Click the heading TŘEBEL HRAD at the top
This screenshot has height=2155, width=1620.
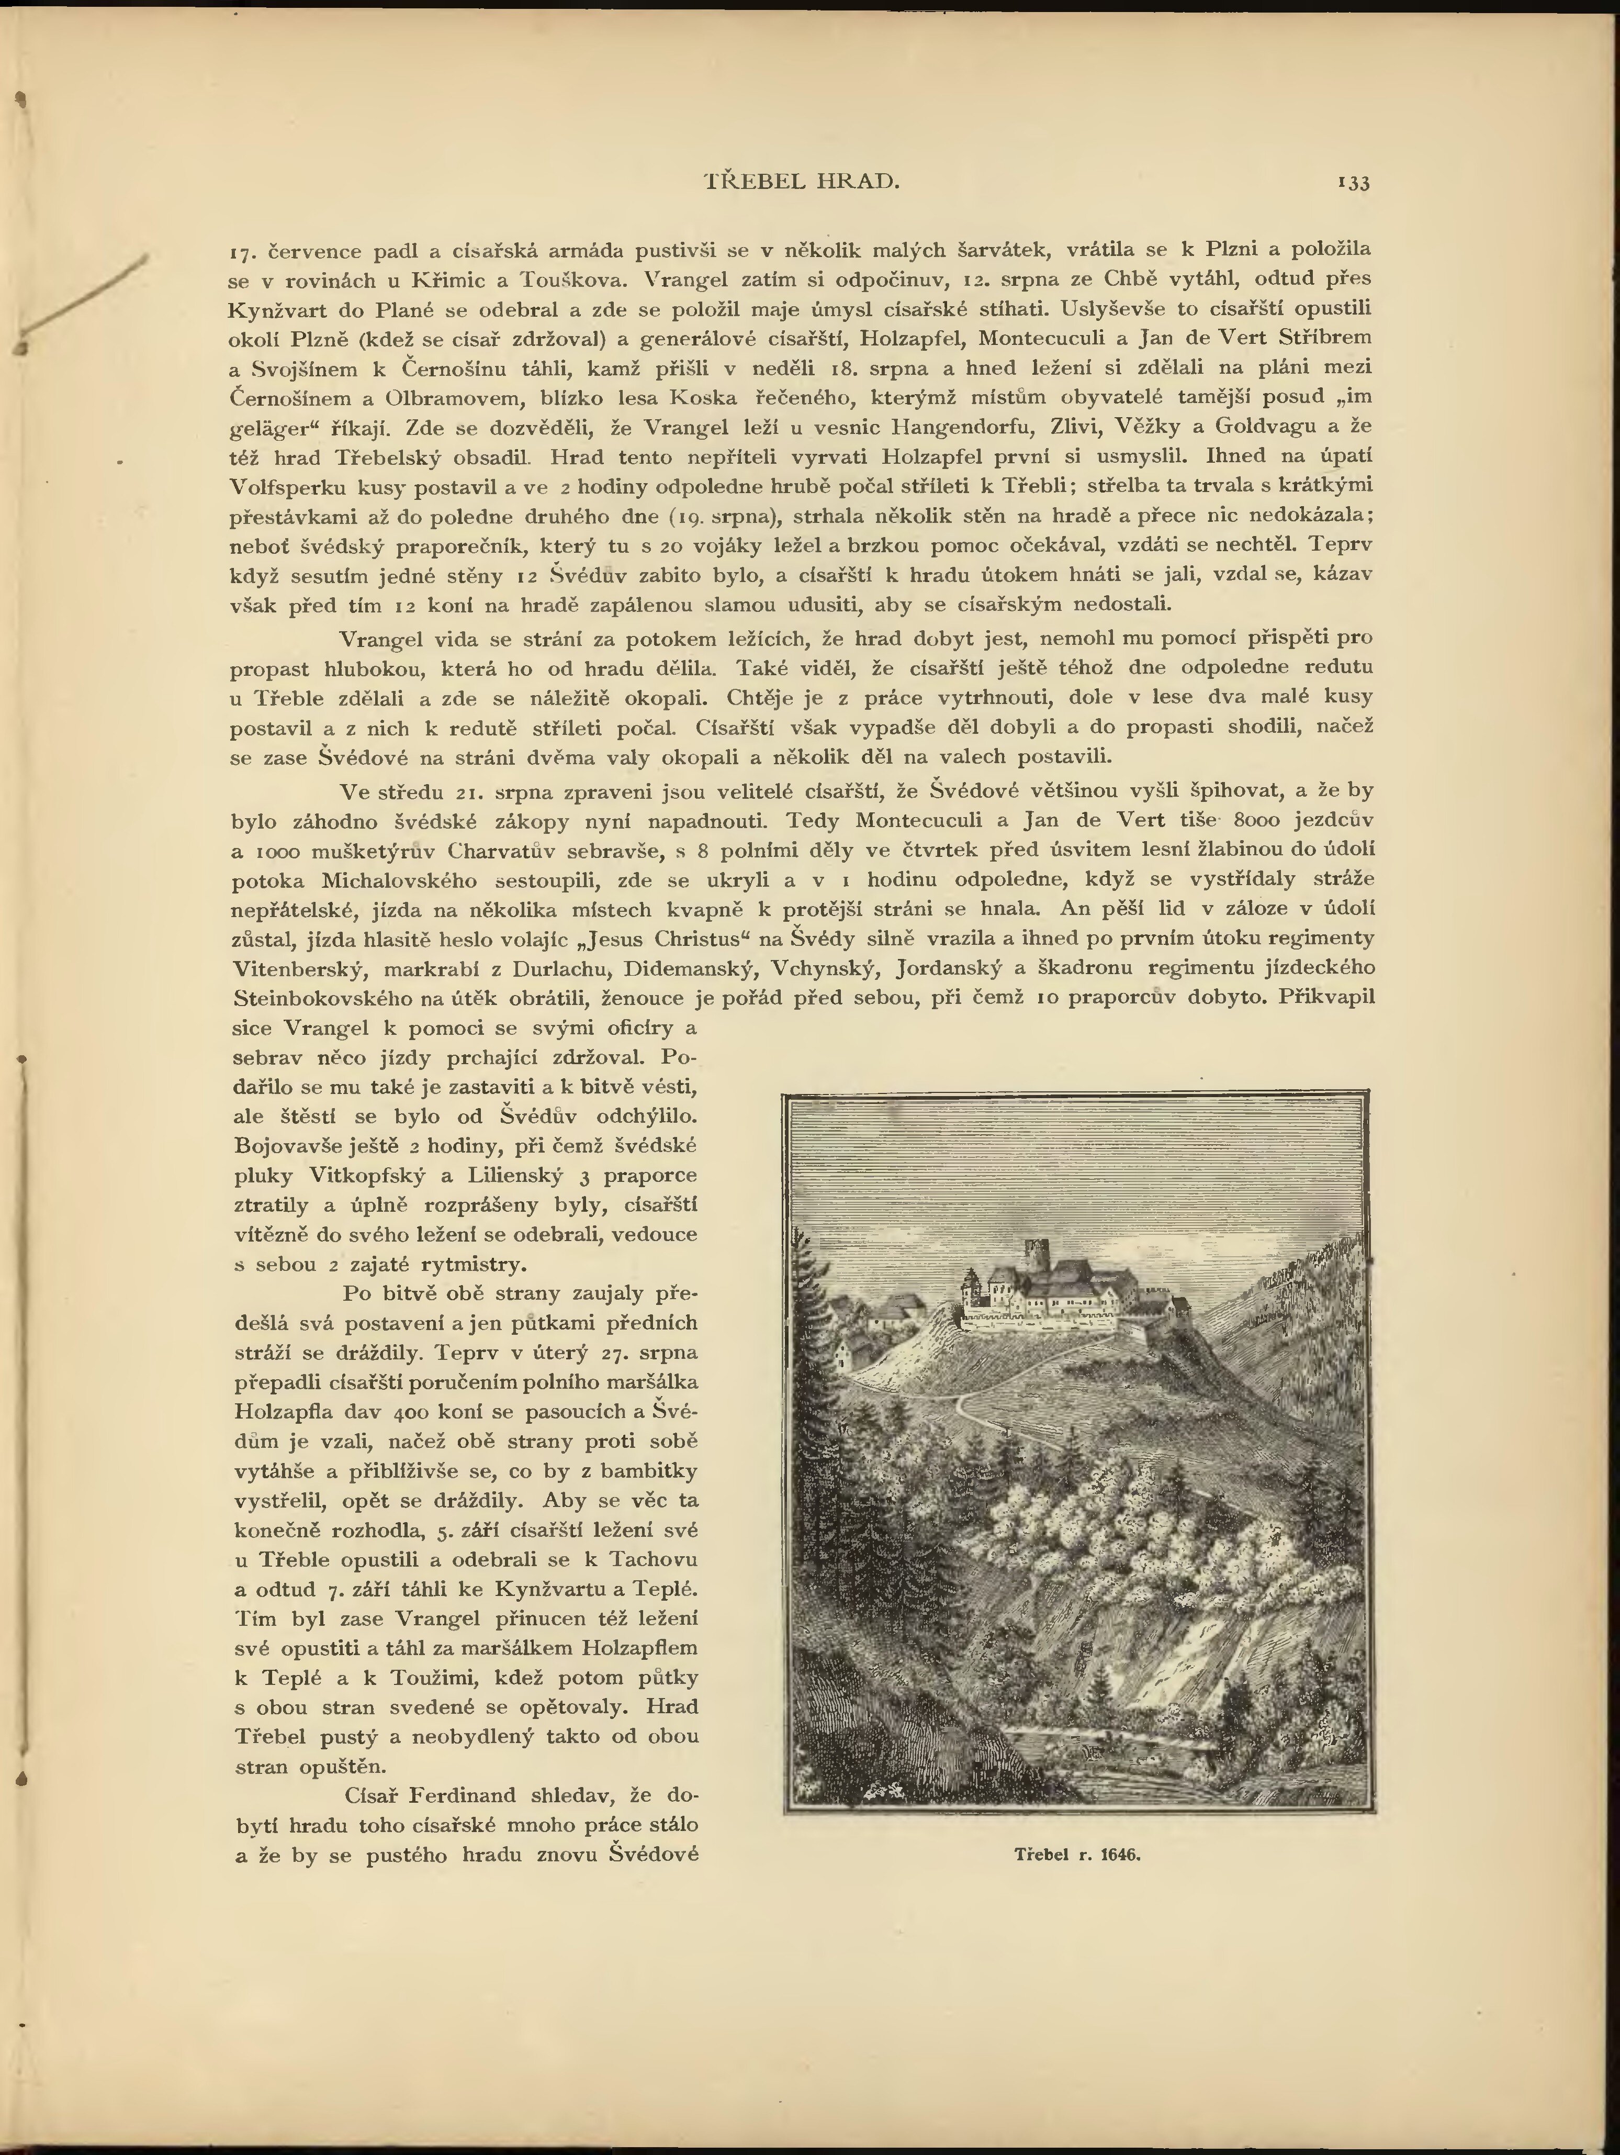click(x=801, y=181)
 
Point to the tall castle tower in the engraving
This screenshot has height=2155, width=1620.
click(x=1032, y=1257)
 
